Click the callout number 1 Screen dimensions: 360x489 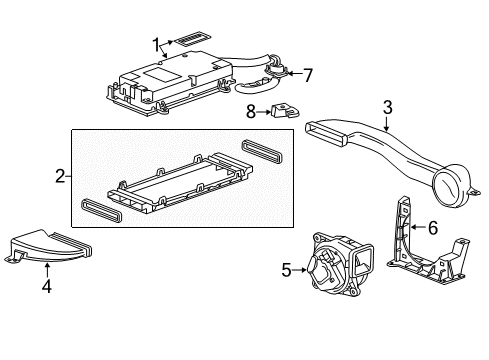tap(156, 43)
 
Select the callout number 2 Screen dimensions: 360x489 tap(61, 176)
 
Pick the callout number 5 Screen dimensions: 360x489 tap(285, 268)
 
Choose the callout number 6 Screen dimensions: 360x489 tap(432, 228)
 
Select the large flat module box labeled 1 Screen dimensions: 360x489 tap(160, 80)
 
